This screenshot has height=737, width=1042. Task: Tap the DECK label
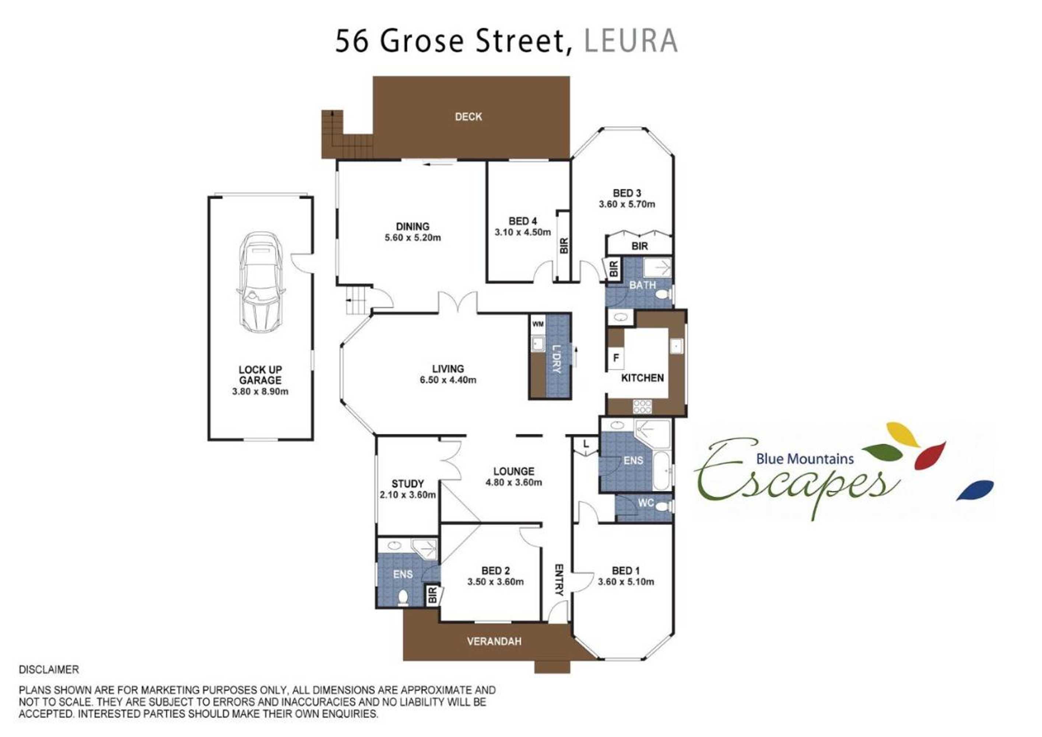tap(469, 117)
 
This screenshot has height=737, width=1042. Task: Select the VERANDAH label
tap(494, 641)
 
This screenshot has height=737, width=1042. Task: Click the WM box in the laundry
tap(538, 324)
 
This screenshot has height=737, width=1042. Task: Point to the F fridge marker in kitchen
tap(616, 358)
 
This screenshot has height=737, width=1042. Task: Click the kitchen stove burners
tap(643, 406)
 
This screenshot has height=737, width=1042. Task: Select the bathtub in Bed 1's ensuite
tap(661, 471)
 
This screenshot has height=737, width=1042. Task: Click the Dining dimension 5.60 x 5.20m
tap(413, 237)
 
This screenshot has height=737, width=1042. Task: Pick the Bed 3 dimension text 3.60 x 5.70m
tap(627, 205)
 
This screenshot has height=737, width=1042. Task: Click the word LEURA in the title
tap(631, 41)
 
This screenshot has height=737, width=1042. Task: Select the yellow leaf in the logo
tap(903, 434)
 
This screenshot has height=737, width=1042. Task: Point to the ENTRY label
tap(559, 580)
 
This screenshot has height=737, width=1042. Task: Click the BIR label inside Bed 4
tap(564, 246)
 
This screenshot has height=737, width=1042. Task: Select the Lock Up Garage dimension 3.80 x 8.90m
tap(260, 391)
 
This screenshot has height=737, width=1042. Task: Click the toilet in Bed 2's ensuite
tap(403, 598)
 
